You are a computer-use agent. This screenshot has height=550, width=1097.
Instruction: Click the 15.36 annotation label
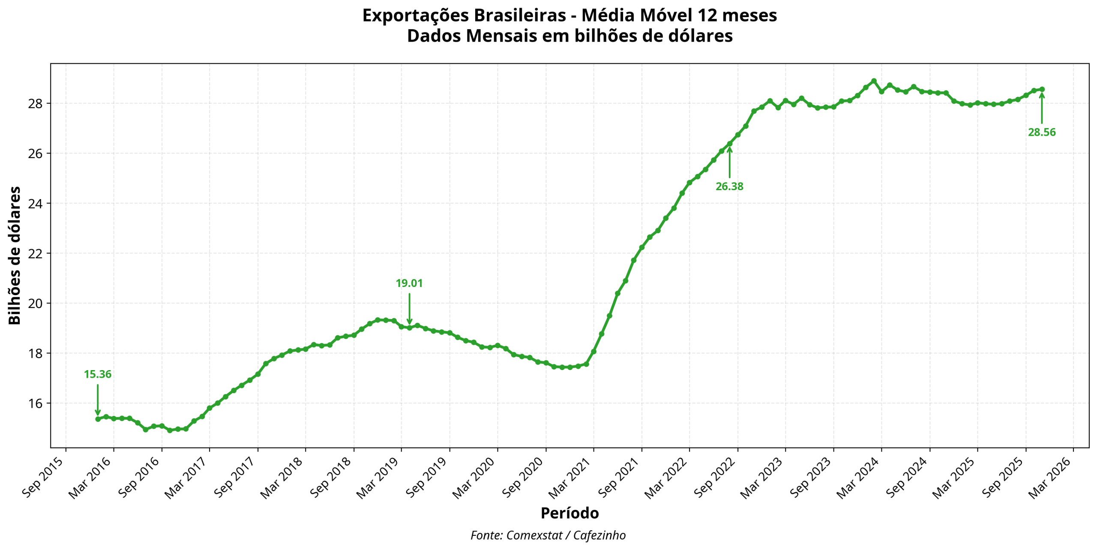coord(97,374)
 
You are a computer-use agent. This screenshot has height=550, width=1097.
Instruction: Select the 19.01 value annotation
coord(409,283)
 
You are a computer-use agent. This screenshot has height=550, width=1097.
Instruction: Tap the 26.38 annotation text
coord(729,186)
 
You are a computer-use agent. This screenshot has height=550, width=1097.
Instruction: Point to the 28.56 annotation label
coord(1042,132)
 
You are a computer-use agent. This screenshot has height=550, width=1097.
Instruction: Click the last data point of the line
coord(1042,89)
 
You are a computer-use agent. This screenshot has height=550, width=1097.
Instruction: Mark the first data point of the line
coord(98,419)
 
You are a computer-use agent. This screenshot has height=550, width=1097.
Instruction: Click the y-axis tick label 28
coord(36,104)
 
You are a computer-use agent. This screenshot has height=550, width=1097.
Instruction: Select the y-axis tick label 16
coord(36,404)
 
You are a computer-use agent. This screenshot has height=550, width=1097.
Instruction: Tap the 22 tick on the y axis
coord(36,254)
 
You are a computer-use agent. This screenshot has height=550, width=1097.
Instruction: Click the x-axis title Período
coord(569,513)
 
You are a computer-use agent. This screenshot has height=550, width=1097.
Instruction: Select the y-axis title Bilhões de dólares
coord(15,255)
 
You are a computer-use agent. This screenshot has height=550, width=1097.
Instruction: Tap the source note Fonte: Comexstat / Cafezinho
coord(548,535)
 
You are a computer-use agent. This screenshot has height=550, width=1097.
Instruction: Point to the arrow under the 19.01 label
coord(409,308)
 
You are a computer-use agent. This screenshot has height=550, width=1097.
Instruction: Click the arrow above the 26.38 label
coord(729,162)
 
